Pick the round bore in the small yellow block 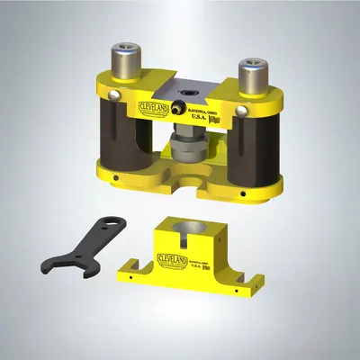tap(190, 230)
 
